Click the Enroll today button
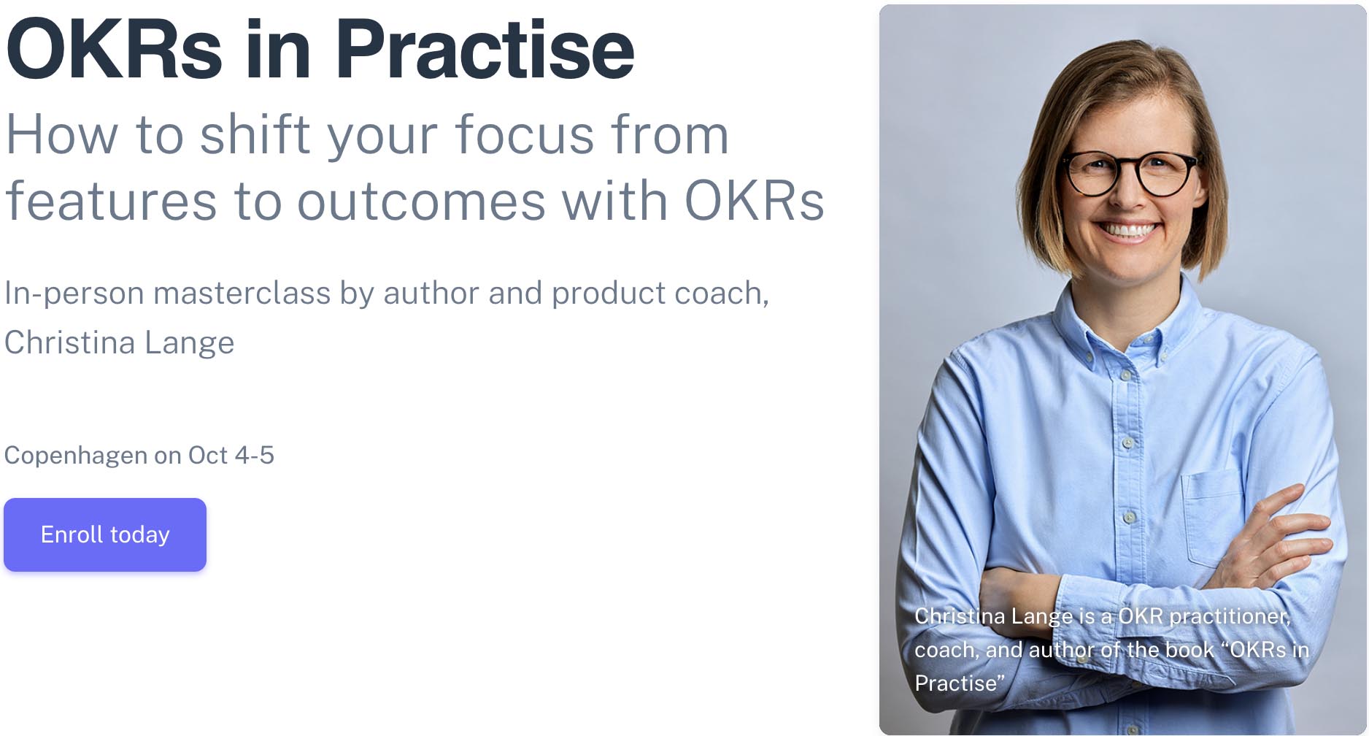pos(105,534)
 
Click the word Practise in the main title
pos(485,50)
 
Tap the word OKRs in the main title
pos(114,50)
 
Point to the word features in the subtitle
pos(111,201)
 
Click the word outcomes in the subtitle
pos(421,201)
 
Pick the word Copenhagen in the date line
pos(76,456)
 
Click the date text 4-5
pos(255,455)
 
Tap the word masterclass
pos(242,294)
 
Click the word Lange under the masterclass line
pos(189,342)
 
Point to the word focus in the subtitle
pos(525,135)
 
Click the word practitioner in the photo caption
pos(1230,616)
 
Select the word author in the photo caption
pos(1061,650)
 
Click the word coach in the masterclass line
pos(721,294)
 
